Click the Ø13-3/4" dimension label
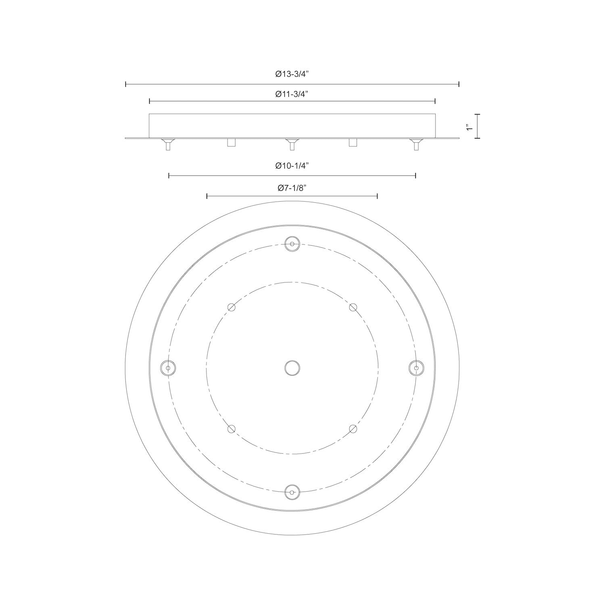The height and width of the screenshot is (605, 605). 292,74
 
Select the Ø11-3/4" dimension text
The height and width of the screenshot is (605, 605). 292,94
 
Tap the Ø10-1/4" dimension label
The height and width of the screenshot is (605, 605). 292,165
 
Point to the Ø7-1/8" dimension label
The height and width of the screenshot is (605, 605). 292,188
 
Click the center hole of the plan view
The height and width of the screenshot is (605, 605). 292,368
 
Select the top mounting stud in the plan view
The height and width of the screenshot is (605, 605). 292,244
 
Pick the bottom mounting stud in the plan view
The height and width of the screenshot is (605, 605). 292,492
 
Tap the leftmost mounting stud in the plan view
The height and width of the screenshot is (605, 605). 168,368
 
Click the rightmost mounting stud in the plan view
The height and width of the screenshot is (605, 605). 416,368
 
